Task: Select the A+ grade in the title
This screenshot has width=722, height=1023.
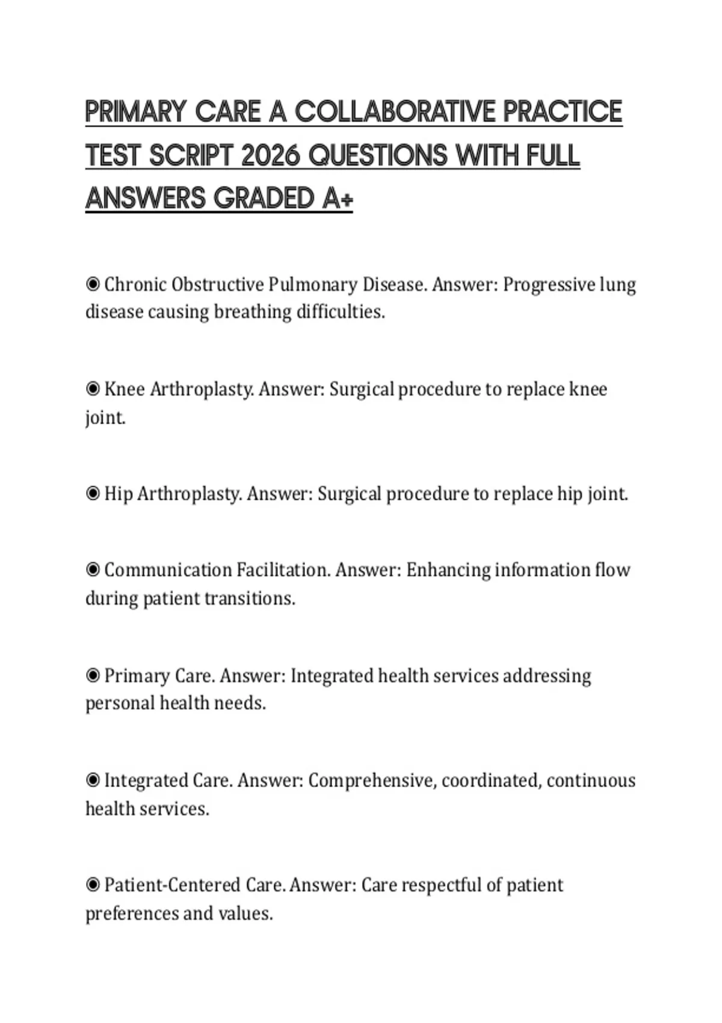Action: pyautogui.click(x=338, y=199)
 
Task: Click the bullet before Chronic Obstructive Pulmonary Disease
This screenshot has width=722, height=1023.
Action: pyautogui.click(x=93, y=284)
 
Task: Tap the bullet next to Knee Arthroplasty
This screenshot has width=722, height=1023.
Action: pyautogui.click(x=93, y=389)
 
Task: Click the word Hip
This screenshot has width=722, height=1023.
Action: pyautogui.click(x=118, y=494)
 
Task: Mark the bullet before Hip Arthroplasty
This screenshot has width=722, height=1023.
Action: pyautogui.click(x=93, y=494)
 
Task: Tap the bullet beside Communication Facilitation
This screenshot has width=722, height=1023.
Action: pyautogui.click(x=93, y=570)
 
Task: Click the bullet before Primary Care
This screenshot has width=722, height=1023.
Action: pyautogui.click(x=93, y=676)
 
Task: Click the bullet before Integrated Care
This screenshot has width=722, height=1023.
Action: pyautogui.click(x=93, y=780)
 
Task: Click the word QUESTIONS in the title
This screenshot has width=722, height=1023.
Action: pyautogui.click(x=378, y=156)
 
